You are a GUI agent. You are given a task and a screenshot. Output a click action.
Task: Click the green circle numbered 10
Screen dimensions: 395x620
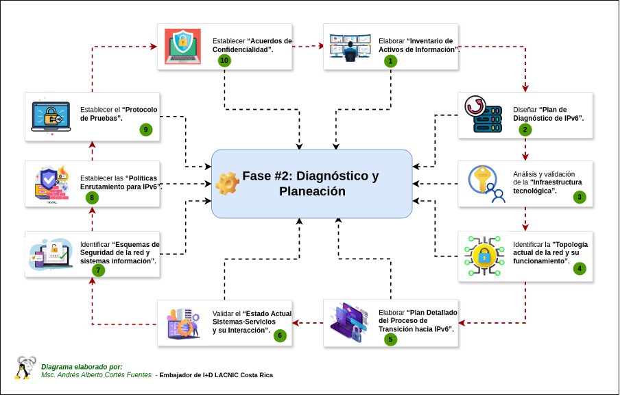click(224, 60)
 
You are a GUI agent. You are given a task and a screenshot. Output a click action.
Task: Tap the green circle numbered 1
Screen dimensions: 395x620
click(391, 60)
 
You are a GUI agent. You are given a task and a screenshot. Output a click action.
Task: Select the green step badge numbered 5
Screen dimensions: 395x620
click(390, 339)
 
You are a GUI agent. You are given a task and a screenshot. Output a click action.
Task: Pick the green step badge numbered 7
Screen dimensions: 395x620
click(99, 270)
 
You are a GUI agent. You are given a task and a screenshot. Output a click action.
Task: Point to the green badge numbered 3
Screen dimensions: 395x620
click(580, 197)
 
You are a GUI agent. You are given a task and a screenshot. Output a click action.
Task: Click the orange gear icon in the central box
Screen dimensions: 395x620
click(226, 183)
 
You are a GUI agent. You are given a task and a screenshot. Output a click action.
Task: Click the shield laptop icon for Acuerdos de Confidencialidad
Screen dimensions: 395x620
click(183, 47)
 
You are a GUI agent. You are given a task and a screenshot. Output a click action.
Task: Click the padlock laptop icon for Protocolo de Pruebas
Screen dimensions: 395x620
click(51, 117)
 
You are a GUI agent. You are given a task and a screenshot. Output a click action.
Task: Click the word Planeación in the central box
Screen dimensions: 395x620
click(312, 192)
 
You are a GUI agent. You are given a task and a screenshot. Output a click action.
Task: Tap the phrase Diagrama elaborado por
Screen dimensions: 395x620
click(82, 366)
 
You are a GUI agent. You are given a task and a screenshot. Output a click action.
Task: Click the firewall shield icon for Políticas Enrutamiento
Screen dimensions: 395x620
click(51, 184)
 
